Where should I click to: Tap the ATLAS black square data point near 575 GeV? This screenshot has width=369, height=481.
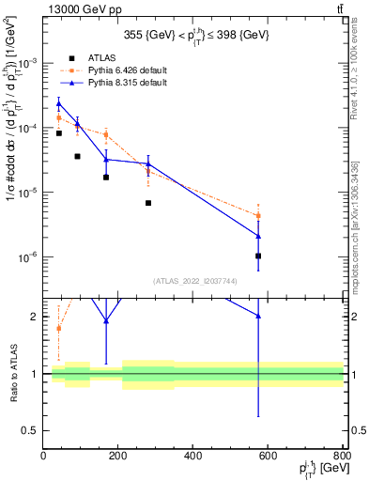(x=258, y=256)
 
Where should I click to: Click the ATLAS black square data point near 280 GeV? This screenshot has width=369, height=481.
(x=148, y=203)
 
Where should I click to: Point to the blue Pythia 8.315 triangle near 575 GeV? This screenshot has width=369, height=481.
(x=258, y=236)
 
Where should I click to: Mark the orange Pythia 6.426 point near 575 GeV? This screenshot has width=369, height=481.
(x=258, y=216)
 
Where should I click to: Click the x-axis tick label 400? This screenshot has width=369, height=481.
(x=193, y=457)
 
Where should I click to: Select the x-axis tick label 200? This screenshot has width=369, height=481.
(x=118, y=457)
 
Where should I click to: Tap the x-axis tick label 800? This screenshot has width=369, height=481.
(x=343, y=457)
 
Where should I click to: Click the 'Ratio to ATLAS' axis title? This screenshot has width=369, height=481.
(x=12, y=374)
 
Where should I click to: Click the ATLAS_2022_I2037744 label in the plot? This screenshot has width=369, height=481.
(x=193, y=280)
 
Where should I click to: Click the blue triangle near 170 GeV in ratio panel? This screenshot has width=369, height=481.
(x=106, y=320)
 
